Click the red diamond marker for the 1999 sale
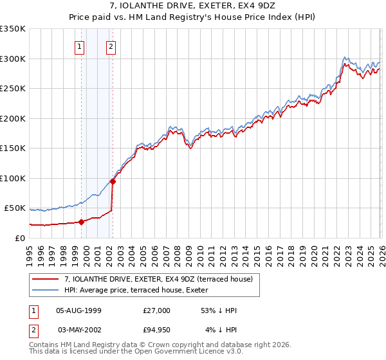(82, 222)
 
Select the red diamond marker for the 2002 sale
(113, 181)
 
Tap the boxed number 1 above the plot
(78, 46)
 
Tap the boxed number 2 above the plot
(111, 46)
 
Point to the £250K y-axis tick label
(13, 89)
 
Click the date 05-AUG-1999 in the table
(78, 310)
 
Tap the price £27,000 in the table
(156, 310)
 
